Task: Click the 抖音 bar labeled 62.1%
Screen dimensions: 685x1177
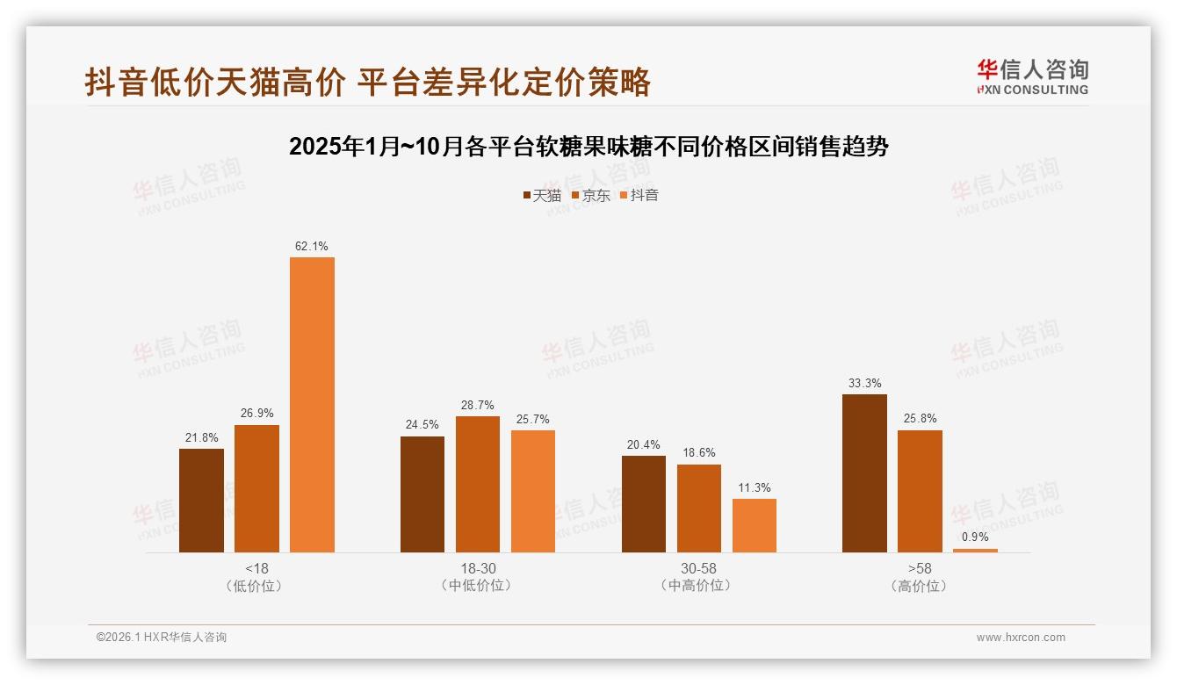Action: coord(312,404)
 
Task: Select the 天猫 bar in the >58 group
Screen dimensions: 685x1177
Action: coord(864,473)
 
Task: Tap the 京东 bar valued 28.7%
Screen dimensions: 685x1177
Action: coord(477,484)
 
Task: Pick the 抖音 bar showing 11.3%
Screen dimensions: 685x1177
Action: coord(755,525)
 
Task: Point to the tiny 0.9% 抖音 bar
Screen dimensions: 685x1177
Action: coord(975,551)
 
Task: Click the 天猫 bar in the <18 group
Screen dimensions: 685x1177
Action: coord(201,501)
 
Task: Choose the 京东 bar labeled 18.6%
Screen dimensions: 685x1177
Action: coord(699,508)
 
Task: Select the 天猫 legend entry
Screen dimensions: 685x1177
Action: coord(542,196)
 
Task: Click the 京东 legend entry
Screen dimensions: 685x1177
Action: coord(591,196)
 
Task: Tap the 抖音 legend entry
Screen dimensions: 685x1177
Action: coord(639,196)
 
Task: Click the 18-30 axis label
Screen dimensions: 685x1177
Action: coord(478,568)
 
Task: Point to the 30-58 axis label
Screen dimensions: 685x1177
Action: coord(698,568)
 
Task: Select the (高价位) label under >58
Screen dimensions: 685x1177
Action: coord(919,586)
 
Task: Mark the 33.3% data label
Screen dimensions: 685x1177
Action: coord(865,384)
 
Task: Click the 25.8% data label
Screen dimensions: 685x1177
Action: coord(920,419)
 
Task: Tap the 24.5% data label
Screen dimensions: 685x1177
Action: coord(422,425)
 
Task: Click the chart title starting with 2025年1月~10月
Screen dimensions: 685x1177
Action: coord(588,147)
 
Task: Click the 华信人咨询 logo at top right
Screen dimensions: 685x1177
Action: coord(1032,76)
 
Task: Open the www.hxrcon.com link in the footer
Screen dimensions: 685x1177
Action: coord(1021,638)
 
